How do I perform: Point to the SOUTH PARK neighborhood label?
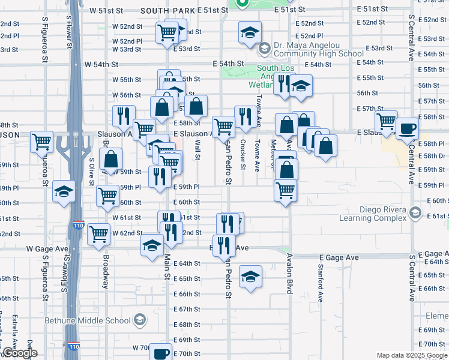tap(168, 11)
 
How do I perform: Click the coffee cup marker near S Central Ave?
tap(407, 128)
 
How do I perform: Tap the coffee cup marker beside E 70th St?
tap(160, 352)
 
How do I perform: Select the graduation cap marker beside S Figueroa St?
tap(64, 191)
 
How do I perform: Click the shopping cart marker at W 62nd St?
tap(98, 234)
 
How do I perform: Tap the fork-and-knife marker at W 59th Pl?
tap(160, 177)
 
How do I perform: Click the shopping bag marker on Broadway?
tap(111, 160)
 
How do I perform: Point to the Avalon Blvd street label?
tap(289, 273)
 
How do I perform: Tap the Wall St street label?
tap(197, 150)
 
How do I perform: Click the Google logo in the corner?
tap(20, 353)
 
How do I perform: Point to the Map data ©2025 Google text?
tap(412, 355)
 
